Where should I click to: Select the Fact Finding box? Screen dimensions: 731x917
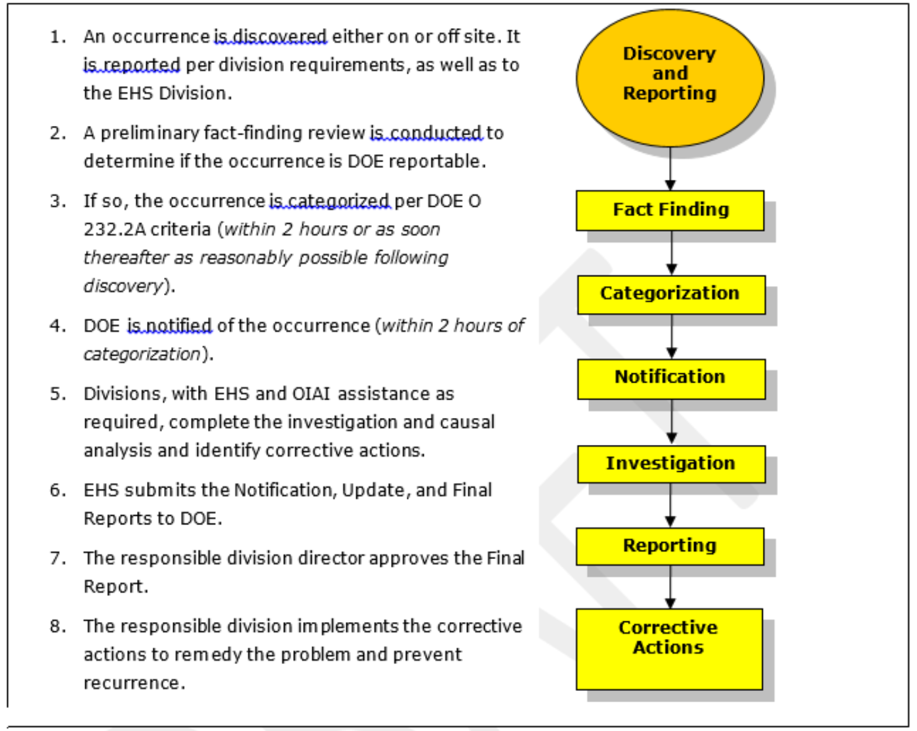click(x=670, y=210)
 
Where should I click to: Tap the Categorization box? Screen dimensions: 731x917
click(x=670, y=294)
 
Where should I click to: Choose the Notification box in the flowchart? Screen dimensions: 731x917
click(x=670, y=378)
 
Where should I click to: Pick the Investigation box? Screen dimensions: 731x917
click(x=670, y=464)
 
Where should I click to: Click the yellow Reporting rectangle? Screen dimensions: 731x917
click(x=670, y=546)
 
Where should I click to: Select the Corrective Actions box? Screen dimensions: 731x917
click(x=669, y=648)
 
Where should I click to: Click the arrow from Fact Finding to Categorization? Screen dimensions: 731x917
click(x=671, y=253)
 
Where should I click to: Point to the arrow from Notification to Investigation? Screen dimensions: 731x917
click(x=671, y=422)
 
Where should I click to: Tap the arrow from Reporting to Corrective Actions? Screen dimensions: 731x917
click(x=670, y=587)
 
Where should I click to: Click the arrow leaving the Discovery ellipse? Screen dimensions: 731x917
click(x=670, y=168)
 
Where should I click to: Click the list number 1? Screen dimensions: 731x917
click(x=58, y=37)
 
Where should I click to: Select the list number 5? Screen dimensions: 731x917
click(x=58, y=394)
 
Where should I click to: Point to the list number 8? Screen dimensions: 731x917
click(x=58, y=627)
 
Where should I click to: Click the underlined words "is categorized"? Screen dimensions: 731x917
click(x=330, y=201)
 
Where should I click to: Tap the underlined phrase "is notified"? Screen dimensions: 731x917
click(x=169, y=326)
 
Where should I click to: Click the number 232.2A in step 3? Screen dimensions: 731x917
click(x=113, y=230)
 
